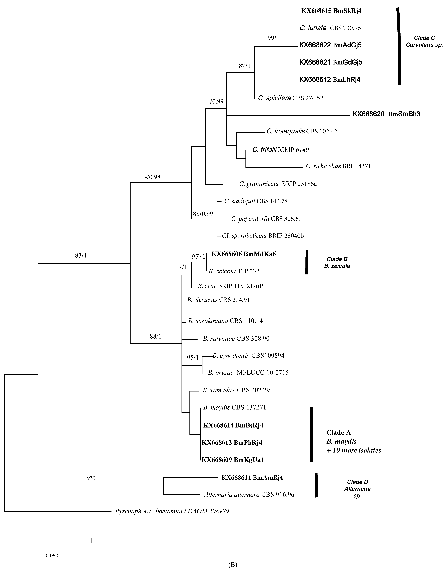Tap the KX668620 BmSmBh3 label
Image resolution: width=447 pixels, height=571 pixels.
point(386,114)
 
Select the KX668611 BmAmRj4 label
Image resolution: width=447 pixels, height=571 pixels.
point(252,478)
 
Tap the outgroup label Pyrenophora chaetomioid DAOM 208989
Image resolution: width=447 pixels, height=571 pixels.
point(172,511)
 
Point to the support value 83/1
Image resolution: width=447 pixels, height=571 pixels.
point(81,255)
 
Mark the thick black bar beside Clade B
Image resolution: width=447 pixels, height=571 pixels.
point(307,262)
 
